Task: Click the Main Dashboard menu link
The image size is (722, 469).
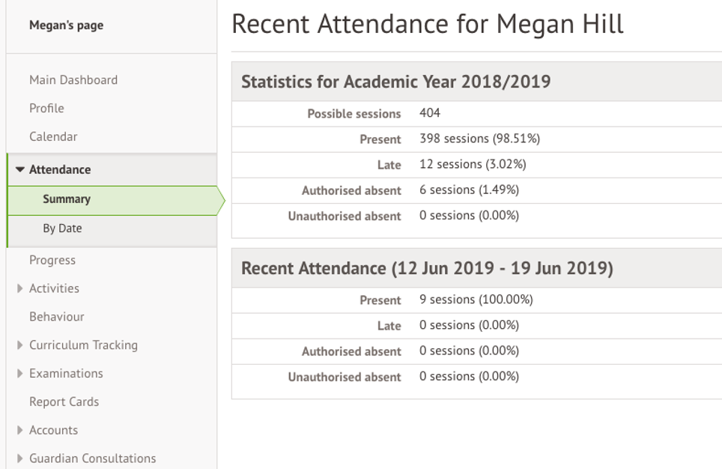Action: (73, 80)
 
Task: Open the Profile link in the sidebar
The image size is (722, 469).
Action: (46, 109)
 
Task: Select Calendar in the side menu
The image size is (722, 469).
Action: (53, 137)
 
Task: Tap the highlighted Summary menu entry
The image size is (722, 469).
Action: (67, 199)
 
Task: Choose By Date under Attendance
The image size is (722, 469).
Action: (62, 229)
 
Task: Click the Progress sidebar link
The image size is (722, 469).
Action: (52, 261)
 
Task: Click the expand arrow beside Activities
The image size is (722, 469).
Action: (20, 288)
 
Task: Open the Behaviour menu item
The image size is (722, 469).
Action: (57, 317)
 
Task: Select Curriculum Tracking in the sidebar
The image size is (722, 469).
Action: (83, 345)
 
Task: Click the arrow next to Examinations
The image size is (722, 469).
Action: (20, 374)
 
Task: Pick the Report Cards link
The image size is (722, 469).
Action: (64, 402)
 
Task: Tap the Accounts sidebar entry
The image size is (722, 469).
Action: (53, 431)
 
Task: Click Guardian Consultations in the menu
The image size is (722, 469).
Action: (92, 459)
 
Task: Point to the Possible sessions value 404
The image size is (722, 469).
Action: (430, 114)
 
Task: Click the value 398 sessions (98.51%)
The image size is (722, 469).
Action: (479, 139)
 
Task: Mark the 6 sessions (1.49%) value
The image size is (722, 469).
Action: (469, 190)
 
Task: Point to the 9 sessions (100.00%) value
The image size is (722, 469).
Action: (476, 300)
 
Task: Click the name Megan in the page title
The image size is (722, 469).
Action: (533, 25)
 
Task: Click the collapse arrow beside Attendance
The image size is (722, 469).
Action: (20, 170)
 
